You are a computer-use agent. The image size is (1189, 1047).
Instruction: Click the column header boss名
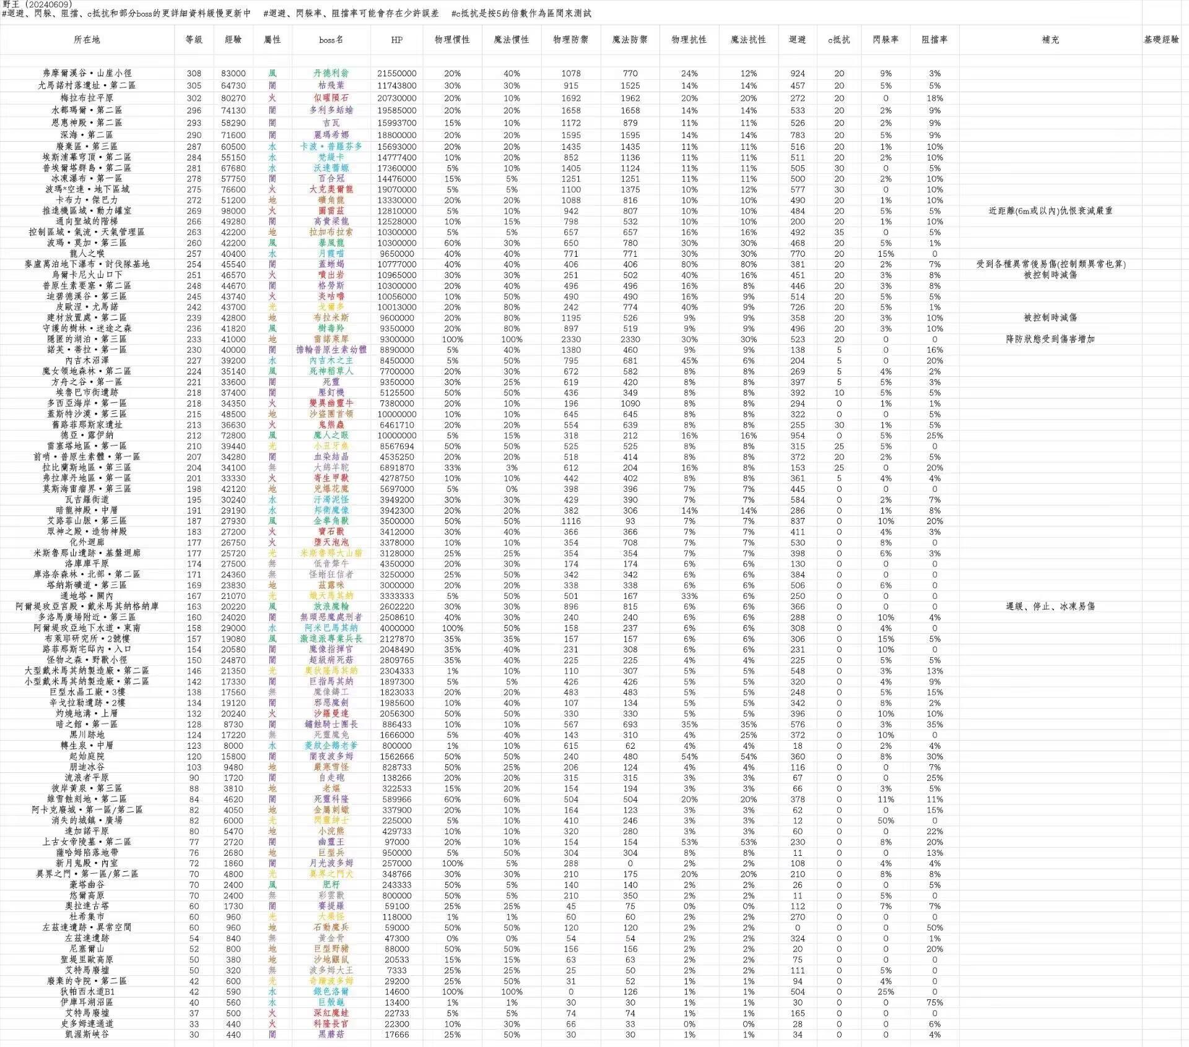click(331, 40)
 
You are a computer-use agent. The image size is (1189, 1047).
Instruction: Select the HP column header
click(396, 40)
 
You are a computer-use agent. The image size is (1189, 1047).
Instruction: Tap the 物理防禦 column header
click(570, 40)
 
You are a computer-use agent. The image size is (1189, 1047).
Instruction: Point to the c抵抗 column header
click(838, 40)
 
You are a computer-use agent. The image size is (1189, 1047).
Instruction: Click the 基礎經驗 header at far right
click(1161, 40)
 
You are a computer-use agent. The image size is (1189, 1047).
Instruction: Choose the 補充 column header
click(1050, 40)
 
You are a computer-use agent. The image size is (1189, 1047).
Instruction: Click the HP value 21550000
click(396, 73)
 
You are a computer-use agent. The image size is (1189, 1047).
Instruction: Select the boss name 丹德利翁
click(331, 73)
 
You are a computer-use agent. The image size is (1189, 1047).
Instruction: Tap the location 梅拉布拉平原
click(87, 98)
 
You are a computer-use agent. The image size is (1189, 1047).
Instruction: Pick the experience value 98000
click(233, 211)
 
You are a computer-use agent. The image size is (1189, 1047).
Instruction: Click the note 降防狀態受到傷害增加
click(1050, 339)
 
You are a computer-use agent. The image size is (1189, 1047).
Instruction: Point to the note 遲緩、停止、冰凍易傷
click(1050, 606)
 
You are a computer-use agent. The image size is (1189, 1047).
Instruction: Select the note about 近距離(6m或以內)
click(1050, 211)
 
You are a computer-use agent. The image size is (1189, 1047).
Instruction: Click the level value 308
click(194, 73)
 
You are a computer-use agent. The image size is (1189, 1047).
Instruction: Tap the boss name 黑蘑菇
click(331, 1034)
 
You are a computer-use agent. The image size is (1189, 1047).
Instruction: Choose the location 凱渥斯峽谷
click(87, 1034)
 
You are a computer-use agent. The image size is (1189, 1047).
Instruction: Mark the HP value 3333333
click(396, 596)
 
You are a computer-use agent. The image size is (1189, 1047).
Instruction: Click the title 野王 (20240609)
click(37, 4)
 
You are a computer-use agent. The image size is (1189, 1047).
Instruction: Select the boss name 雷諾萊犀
click(331, 339)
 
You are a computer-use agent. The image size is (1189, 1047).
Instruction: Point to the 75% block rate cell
click(934, 1002)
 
